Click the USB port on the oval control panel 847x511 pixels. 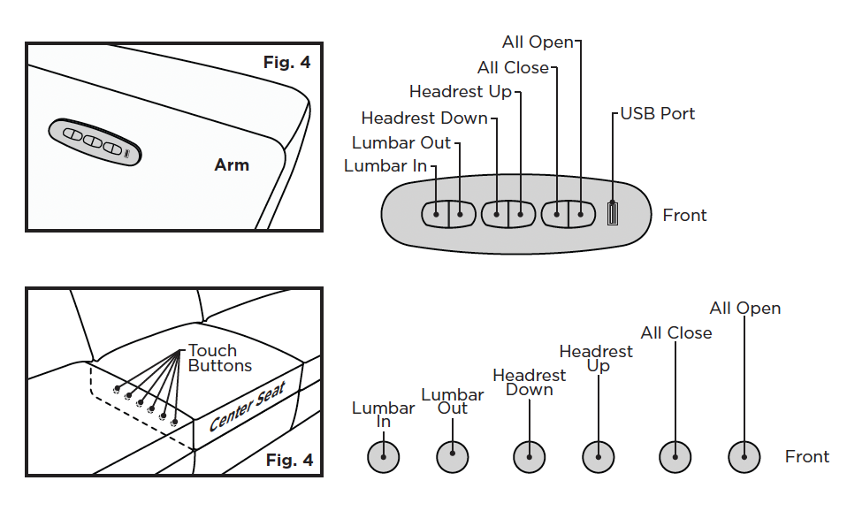(613, 213)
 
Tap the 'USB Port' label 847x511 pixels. (658, 113)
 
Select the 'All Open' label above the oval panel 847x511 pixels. (538, 42)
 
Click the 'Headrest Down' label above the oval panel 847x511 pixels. (424, 118)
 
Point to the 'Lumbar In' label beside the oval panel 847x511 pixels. (385, 166)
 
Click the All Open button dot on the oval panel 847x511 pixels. (581, 215)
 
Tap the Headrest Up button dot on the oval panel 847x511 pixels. (521, 215)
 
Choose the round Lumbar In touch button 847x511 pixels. (384, 457)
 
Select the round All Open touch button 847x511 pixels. (744, 457)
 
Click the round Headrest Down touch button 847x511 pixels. (530, 457)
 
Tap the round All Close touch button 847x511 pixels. (675, 457)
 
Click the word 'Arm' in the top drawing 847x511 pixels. (232, 164)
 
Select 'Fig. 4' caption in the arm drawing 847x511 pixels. (286, 63)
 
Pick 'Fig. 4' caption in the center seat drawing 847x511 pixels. (289, 461)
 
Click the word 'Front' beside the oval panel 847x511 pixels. (684, 215)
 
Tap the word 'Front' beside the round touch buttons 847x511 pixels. (807, 456)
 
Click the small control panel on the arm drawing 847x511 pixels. (95, 141)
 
